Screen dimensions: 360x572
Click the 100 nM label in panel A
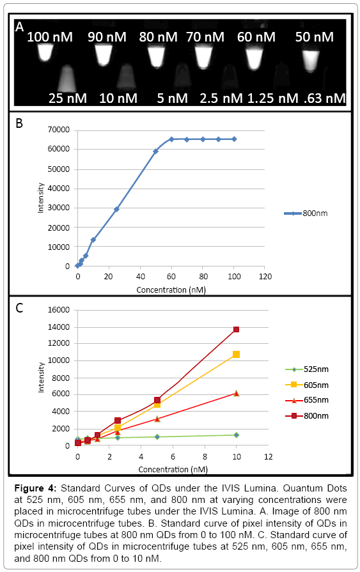(x=50, y=37)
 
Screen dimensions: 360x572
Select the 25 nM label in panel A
(x=68, y=98)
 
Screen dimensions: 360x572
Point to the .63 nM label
(x=325, y=98)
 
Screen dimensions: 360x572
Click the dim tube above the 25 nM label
(x=67, y=78)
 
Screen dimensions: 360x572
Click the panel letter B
(x=19, y=123)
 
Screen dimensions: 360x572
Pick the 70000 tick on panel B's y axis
(x=58, y=130)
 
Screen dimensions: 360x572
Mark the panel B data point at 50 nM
(x=155, y=151)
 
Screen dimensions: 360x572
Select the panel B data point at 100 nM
(x=234, y=139)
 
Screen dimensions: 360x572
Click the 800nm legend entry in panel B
(x=306, y=213)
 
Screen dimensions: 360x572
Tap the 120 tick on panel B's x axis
(x=265, y=277)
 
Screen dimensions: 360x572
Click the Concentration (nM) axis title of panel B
(x=171, y=290)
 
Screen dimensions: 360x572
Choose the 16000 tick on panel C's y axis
(x=58, y=310)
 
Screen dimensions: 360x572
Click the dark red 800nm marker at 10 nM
(x=236, y=329)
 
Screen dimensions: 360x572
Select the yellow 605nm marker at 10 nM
(x=236, y=354)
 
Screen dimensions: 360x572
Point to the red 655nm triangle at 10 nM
(x=236, y=393)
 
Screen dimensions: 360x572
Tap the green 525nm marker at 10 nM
(x=236, y=435)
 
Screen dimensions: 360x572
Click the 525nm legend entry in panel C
(x=307, y=369)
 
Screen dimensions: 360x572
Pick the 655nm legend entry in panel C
(x=307, y=400)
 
